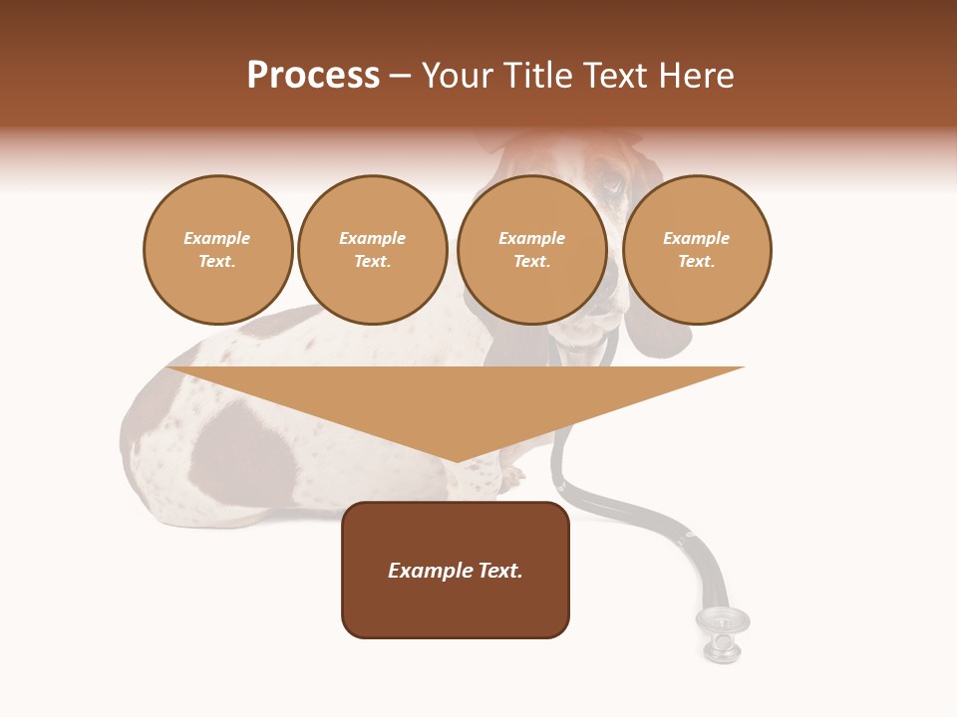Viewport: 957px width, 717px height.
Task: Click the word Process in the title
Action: [x=313, y=76]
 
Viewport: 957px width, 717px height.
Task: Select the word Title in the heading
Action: [x=535, y=76]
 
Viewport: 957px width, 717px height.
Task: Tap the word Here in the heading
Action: [x=698, y=76]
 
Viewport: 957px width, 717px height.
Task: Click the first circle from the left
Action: [x=217, y=250]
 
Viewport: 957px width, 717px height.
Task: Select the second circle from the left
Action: [x=372, y=250]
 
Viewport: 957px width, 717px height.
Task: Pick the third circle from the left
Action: [x=531, y=250]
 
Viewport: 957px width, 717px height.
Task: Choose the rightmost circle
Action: [x=696, y=250]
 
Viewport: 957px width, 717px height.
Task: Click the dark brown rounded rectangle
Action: [x=456, y=570]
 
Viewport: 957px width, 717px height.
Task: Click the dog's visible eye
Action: [x=611, y=183]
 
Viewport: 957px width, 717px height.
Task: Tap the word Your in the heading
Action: [x=459, y=76]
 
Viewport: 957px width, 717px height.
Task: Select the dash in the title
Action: [x=400, y=76]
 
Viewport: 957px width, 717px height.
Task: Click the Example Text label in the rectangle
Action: [x=456, y=571]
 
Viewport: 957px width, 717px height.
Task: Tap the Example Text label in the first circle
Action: [x=217, y=250]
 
